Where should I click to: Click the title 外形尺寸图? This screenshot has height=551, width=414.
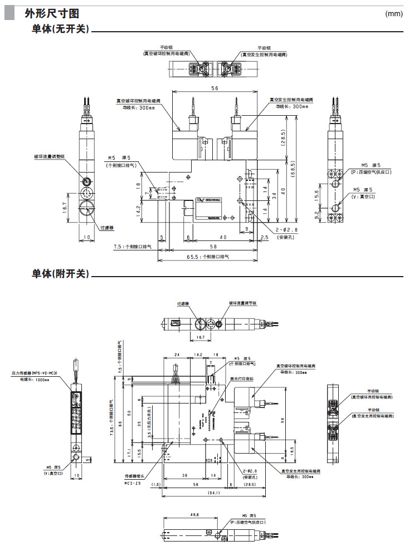(47, 13)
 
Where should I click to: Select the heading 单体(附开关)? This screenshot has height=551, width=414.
(61, 274)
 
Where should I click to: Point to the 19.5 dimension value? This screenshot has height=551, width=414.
(294, 449)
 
